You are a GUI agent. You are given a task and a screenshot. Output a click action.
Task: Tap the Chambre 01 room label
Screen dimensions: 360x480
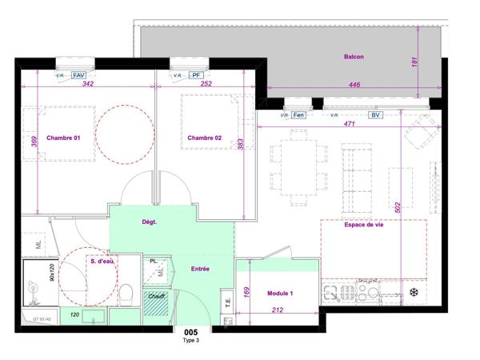63,138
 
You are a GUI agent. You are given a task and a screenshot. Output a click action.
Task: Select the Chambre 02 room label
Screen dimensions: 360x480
204,138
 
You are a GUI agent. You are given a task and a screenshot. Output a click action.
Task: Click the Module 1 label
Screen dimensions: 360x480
280,294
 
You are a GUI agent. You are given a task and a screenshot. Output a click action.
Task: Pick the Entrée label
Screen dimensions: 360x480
199,269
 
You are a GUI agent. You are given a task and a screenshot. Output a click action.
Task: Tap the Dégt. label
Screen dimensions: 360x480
149,223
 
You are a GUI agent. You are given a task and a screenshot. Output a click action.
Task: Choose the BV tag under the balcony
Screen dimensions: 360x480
374,115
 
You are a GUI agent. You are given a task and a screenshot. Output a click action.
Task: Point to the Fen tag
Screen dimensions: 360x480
299,115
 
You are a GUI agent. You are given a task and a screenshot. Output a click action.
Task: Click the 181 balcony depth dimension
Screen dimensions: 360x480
414,62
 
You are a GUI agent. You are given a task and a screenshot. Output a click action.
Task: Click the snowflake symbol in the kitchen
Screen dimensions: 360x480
414,293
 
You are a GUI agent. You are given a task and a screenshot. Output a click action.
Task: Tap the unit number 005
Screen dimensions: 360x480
190,332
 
